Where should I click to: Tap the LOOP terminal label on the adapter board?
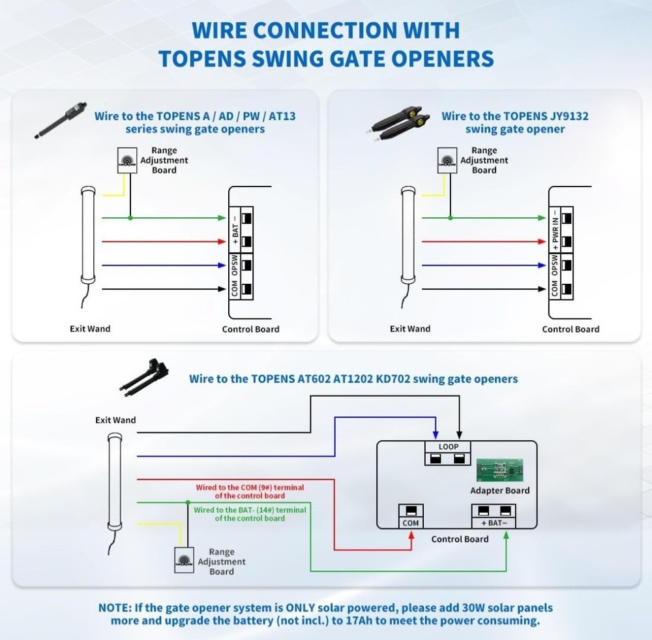coord(449,447)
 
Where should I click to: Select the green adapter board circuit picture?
coord(499,469)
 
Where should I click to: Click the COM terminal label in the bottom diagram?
coord(411,523)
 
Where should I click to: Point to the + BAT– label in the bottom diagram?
coord(494,523)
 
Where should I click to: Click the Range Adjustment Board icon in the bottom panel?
coord(184,559)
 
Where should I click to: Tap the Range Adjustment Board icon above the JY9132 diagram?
coord(447,160)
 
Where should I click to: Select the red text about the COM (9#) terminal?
coord(250,491)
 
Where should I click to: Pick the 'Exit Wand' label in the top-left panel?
coord(90,329)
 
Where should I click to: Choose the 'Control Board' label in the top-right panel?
coord(570,329)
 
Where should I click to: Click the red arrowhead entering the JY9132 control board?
coord(543,241)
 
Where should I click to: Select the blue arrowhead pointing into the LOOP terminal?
coord(436,433)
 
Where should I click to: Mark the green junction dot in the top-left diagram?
coord(130,217)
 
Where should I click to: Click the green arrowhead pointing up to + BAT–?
coord(506,536)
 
